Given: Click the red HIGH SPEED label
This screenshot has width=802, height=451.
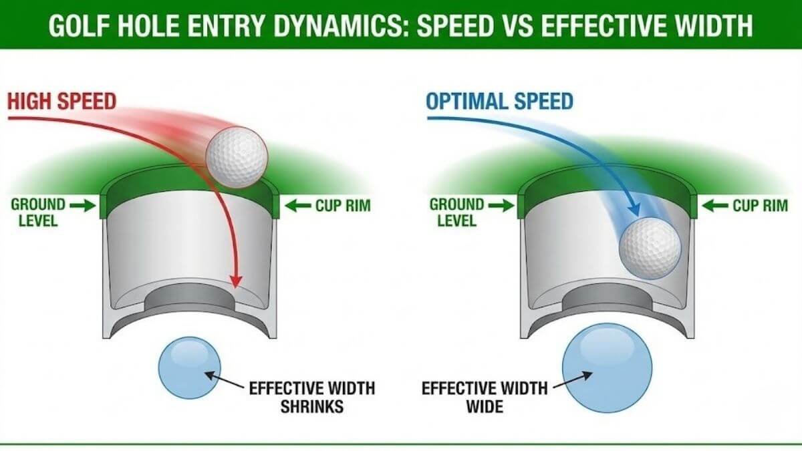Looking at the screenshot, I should click(x=62, y=102).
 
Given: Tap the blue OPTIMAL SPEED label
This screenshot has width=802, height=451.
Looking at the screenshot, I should click(x=499, y=102).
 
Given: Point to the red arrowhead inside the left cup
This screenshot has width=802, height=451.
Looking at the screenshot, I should click(x=235, y=281).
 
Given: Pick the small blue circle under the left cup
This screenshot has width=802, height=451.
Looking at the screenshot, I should click(x=190, y=368).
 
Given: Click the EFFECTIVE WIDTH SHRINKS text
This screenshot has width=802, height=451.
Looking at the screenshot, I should click(x=311, y=397).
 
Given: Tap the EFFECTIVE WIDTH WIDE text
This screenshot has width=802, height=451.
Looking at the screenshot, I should click(x=484, y=397).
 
